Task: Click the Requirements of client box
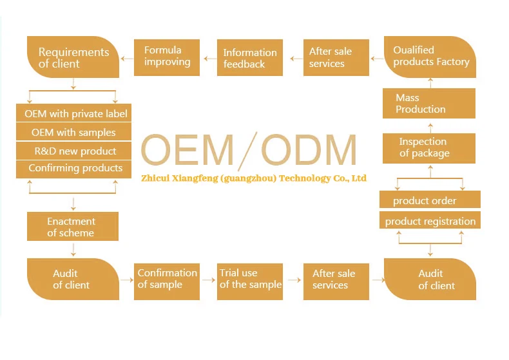(73, 57)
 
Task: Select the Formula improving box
(167, 56)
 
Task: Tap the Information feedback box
(249, 58)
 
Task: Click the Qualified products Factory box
(430, 57)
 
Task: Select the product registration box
(430, 222)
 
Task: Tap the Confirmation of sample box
(167, 279)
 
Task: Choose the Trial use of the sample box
(250, 279)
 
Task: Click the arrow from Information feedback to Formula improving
(209, 58)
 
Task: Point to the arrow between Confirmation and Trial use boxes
(209, 279)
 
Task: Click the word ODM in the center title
(309, 151)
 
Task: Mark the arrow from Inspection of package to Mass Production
(430, 126)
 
